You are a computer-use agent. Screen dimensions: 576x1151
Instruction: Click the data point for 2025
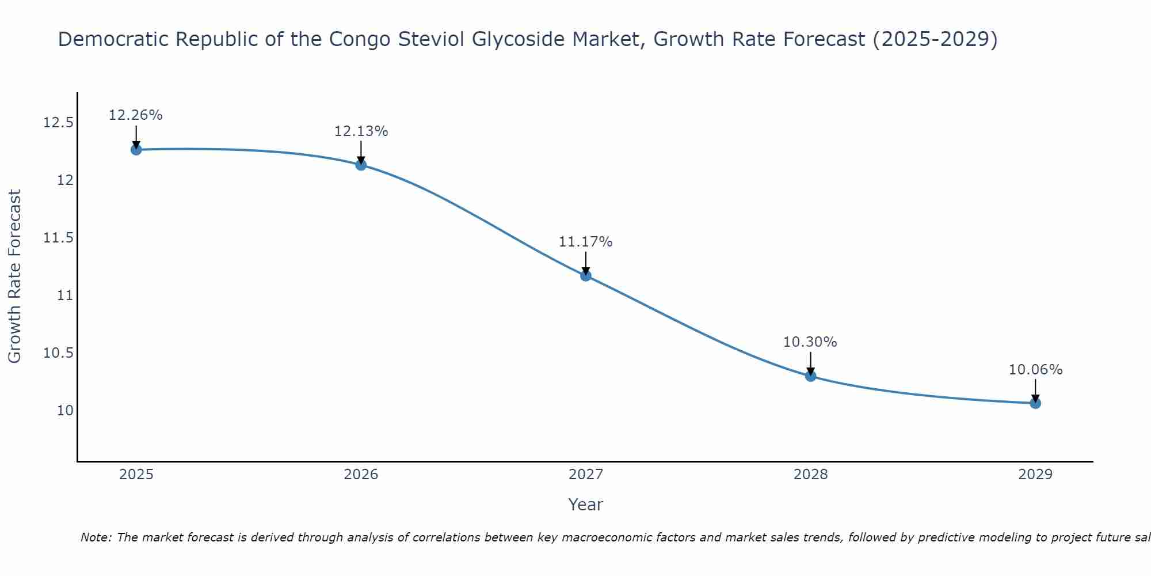point(136,150)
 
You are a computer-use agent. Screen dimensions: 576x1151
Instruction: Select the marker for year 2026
point(361,165)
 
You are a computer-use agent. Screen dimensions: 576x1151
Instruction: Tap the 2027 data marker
point(586,275)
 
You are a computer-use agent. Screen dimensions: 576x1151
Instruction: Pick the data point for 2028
point(810,376)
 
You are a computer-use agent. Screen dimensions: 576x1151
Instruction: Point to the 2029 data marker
point(1035,403)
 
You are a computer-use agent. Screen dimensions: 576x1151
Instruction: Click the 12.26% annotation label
point(136,115)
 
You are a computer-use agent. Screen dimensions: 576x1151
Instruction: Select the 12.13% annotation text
point(361,131)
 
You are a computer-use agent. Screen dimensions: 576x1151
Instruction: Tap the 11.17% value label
point(586,242)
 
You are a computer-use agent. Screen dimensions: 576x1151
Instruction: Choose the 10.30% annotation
point(810,342)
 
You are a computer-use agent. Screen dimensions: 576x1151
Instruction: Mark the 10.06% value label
point(1035,370)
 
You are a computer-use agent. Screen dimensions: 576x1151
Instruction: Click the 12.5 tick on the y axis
point(58,123)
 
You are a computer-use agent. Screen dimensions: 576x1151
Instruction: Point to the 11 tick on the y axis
point(65,295)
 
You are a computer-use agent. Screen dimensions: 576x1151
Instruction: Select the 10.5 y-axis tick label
point(58,353)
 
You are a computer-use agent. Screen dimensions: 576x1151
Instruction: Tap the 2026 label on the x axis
point(361,475)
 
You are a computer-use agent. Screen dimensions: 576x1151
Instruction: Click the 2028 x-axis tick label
point(810,475)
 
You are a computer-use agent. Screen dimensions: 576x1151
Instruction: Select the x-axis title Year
point(585,505)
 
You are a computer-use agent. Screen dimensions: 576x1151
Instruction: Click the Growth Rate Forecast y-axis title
point(15,276)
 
